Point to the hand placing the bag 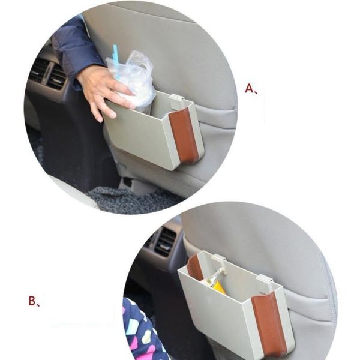103,92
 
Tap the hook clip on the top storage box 176,101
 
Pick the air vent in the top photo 47,73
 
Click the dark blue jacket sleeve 73,50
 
